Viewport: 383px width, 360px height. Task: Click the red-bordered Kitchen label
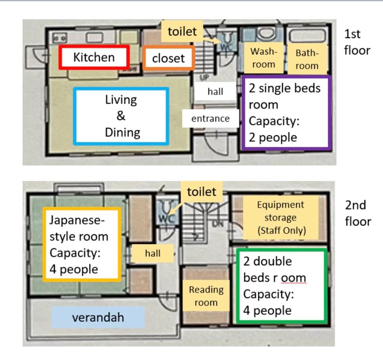pos(94,57)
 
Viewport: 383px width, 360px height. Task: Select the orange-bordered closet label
pos(169,58)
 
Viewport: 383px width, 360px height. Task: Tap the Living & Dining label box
pos(121,116)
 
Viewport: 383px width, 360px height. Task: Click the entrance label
pos(210,118)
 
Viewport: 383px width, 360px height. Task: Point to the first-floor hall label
pos(215,91)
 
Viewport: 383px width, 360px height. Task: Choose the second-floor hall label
pos(153,254)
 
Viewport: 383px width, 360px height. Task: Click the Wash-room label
pos(264,58)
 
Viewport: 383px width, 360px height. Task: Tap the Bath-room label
pos(307,59)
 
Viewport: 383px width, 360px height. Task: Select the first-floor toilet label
pos(182,31)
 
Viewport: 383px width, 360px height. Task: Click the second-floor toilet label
pos(201,192)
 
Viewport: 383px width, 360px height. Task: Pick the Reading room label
pos(206,296)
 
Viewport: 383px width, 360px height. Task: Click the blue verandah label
pos(98,317)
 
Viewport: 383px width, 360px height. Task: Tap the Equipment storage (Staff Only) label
pos(280,217)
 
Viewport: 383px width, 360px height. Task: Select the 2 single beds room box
pos(286,113)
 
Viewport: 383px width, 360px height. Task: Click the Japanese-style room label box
pos(82,245)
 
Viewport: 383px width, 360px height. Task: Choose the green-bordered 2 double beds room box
pos(282,286)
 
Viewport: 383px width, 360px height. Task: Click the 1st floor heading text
pos(357,42)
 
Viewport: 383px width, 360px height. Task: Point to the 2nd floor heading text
pos(358,213)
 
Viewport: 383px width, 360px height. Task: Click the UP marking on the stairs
pos(204,77)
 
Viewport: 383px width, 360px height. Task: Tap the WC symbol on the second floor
pos(167,218)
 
